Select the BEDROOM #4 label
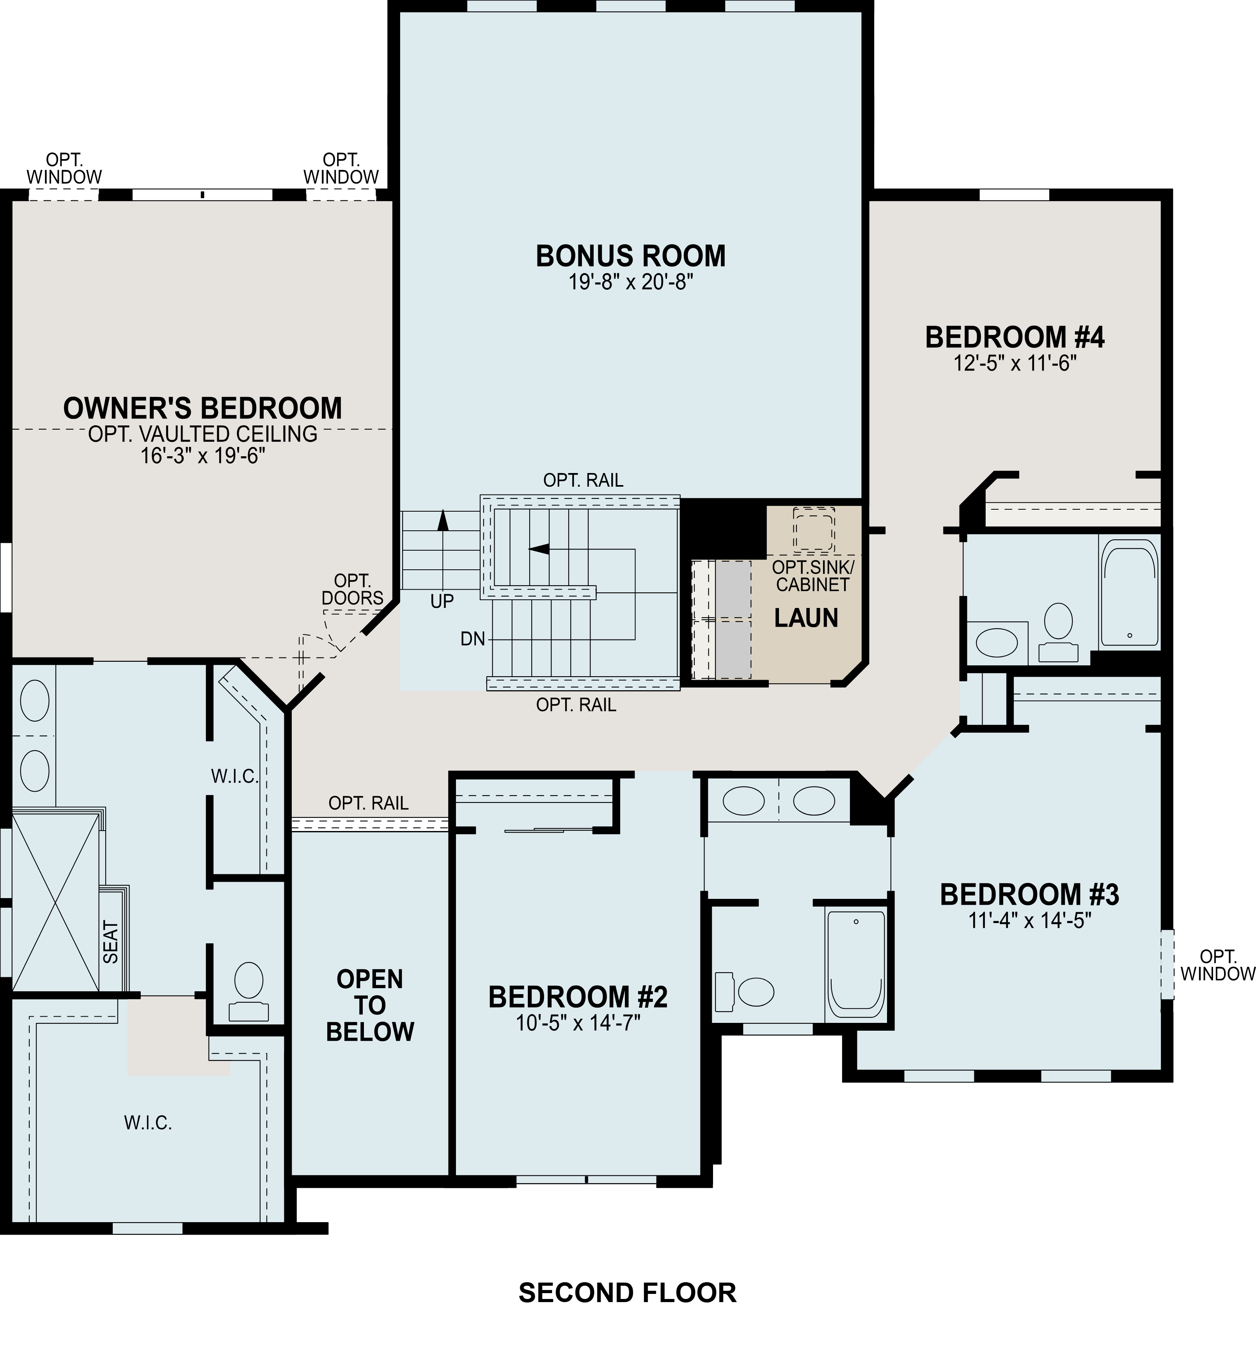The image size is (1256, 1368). [1015, 338]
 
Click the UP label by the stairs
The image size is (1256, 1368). [442, 601]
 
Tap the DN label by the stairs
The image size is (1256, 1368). [473, 639]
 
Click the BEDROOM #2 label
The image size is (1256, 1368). [578, 998]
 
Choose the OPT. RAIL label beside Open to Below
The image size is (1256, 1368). [368, 803]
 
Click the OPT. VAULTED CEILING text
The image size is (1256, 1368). [202, 434]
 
